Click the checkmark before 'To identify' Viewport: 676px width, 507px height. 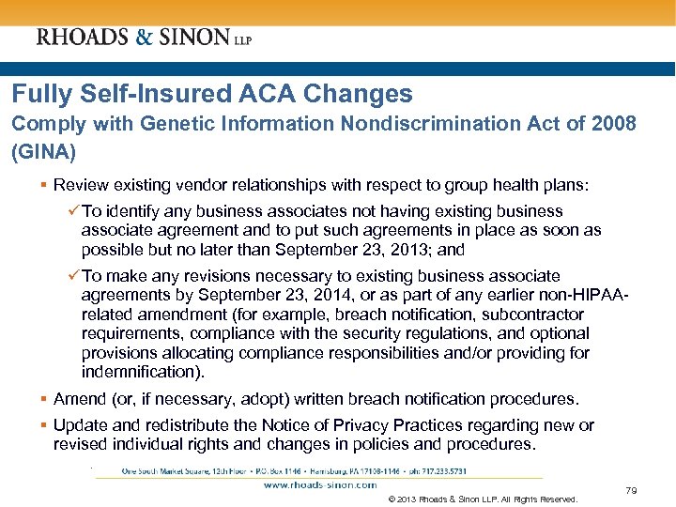(73, 211)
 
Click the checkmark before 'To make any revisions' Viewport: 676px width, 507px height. (73, 276)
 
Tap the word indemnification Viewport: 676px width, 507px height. (141, 372)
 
